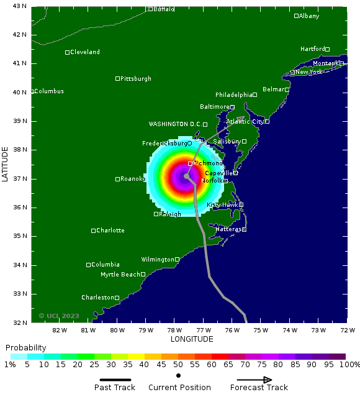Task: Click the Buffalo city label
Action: point(164,9)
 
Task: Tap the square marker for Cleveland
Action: point(68,52)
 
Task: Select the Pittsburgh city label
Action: point(136,79)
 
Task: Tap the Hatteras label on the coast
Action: point(228,229)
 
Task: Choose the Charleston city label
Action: point(97,298)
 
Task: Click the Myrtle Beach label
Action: point(120,275)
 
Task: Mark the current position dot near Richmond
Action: point(187,176)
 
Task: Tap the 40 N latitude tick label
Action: point(20,92)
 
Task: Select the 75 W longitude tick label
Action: point(261,331)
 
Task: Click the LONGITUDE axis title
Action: point(192,339)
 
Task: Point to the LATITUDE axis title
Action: point(6,164)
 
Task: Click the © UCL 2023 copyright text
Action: point(59,316)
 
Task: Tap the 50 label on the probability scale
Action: point(178,365)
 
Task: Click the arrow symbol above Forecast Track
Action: point(259,380)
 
